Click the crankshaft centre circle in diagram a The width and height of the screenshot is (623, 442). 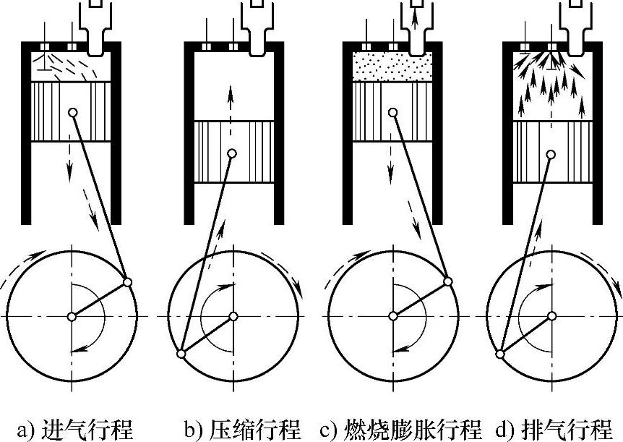click(72, 316)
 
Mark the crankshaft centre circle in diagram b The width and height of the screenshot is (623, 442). click(233, 316)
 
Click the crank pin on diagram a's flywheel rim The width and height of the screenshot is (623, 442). click(128, 281)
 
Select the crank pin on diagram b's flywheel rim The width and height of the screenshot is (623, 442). click(181, 354)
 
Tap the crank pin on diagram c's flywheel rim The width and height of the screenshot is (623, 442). click(448, 281)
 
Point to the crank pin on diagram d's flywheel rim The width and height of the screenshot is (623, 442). click(501, 354)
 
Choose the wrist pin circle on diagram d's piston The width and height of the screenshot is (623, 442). click(551, 154)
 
